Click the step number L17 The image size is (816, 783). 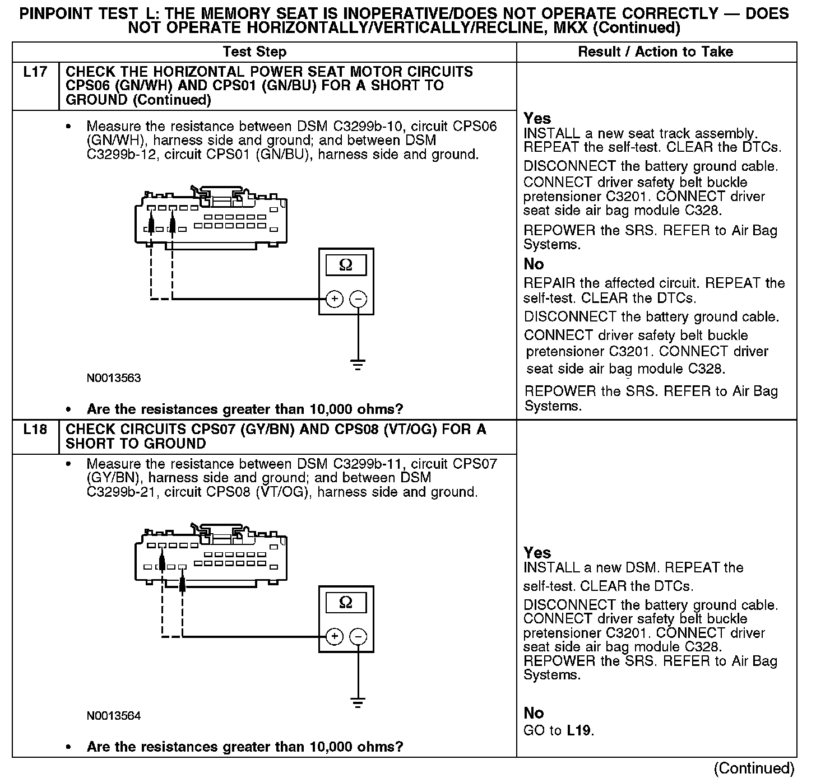35,72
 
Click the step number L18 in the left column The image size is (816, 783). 35,430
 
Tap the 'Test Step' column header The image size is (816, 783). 254,52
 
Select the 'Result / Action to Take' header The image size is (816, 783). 655,52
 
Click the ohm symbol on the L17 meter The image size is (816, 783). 346,265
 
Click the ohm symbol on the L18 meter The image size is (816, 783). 346,603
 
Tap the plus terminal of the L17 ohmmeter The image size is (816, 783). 334,299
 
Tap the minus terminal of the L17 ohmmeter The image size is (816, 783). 358,299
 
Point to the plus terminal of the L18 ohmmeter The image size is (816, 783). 334,637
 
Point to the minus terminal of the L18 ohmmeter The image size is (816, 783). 358,637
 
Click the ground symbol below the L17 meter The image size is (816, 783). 358,365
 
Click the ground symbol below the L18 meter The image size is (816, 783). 358,702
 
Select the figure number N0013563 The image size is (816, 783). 114,378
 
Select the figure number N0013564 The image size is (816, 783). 114,716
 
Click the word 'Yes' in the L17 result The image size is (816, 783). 537,118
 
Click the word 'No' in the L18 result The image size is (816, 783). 534,713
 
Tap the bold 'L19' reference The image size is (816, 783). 579,730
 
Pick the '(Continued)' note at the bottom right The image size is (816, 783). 754,768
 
